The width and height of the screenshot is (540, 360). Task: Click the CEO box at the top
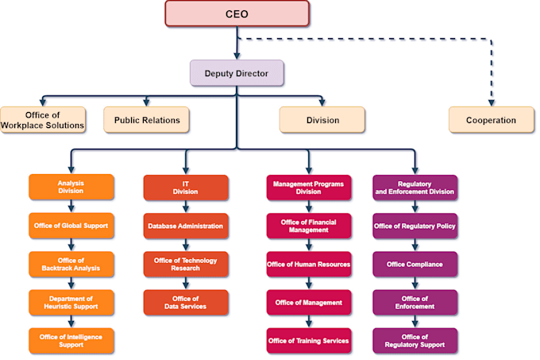[x=237, y=14]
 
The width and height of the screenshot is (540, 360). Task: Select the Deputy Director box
[x=237, y=73]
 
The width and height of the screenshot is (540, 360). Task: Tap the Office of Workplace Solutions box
[x=42, y=120]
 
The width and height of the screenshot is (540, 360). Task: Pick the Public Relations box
[x=146, y=120]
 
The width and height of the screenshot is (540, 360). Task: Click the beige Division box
[x=322, y=120]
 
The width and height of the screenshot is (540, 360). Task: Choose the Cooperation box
[x=492, y=120]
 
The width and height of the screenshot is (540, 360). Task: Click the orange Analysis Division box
[x=71, y=188]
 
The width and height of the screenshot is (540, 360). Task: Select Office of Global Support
[x=71, y=226]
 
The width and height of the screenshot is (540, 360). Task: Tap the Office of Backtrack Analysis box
[x=71, y=265]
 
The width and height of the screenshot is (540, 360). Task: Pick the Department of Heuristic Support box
[x=71, y=303]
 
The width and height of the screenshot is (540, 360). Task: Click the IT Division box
[x=185, y=188]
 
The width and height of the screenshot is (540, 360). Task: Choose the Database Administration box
[x=185, y=226]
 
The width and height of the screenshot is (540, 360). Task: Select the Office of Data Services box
[x=185, y=303]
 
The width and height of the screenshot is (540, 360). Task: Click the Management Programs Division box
[x=308, y=188]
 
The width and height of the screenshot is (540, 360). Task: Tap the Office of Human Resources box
[x=308, y=265]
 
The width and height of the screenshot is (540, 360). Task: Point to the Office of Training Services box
[x=308, y=341]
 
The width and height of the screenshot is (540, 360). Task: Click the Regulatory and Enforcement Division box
[x=415, y=188]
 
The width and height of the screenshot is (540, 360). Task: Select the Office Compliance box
[x=415, y=265]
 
